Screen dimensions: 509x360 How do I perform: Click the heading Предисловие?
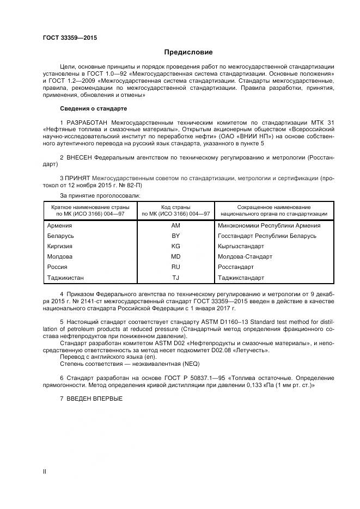pyautogui.click(x=188, y=52)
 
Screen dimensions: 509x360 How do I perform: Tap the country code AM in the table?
pyautogui.click(x=175, y=225)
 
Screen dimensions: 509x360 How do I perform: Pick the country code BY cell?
pyautogui.click(x=175, y=236)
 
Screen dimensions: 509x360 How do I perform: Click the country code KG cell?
pyautogui.click(x=175, y=246)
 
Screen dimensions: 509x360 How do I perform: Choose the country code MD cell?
pyautogui.click(x=175, y=256)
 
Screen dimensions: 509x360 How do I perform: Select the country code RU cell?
pyautogui.click(x=175, y=267)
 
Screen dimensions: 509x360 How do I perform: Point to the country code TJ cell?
pyautogui.click(x=175, y=278)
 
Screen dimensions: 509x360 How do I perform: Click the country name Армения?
pyautogui.click(x=59, y=225)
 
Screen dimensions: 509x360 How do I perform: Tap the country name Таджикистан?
pyautogui.click(x=66, y=278)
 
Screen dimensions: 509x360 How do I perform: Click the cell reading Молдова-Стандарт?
pyautogui.click(x=245, y=256)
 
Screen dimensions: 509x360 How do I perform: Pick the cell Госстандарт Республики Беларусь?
pyautogui.click(x=266, y=236)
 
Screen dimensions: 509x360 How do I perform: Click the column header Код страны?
pyautogui.click(x=175, y=207)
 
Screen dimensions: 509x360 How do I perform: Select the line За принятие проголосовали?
pyautogui.click(x=99, y=194)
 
